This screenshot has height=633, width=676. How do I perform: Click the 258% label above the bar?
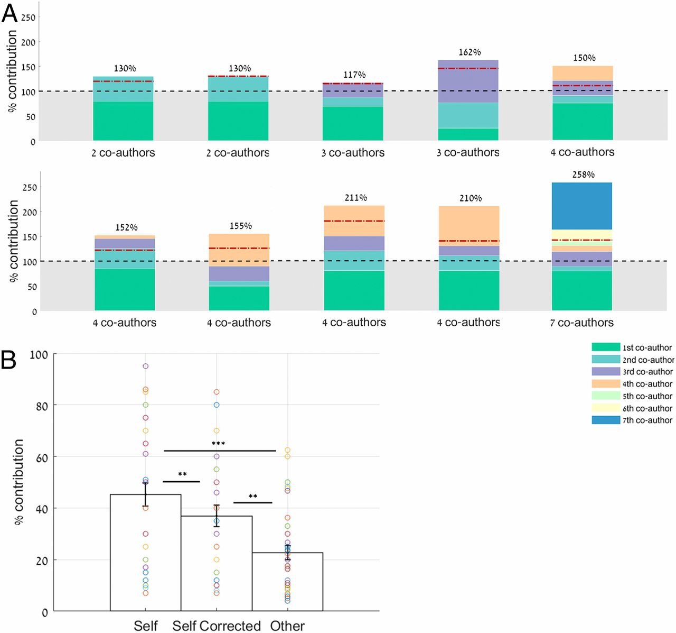click(x=583, y=175)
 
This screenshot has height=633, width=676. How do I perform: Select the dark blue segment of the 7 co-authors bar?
click(x=581, y=206)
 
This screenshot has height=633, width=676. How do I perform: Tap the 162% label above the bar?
click(x=469, y=52)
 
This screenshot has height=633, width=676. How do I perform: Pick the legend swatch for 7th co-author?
click(x=606, y=420)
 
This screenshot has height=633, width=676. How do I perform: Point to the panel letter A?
click(x=10, y=13)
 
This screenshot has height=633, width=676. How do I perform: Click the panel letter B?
click(x=9, y=360)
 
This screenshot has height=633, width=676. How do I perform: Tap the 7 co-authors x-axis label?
click(x=581, y=323)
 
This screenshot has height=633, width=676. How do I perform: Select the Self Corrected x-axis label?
click(x=217, y=626)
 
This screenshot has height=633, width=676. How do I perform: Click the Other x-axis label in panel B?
click(x=287, y=626)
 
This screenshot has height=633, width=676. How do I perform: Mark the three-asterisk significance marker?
click(x=218, y=444)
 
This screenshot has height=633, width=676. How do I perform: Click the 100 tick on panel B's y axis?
click(x=40, y=354)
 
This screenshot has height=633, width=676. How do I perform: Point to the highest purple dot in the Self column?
click(x=145, y=366)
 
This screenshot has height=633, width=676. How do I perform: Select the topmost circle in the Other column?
click(x=287, y=450)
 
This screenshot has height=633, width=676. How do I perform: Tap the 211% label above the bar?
click(x=355, y=198)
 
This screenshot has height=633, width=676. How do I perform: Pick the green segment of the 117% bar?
click(x=353, y=123)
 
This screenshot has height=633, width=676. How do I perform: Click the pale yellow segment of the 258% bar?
click(x=581, y=234)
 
